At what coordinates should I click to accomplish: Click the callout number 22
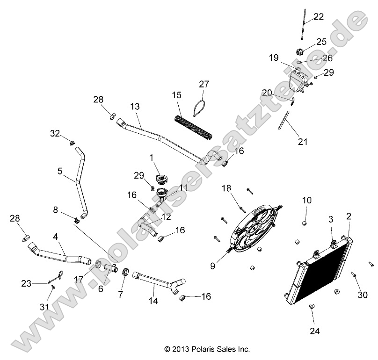point(319,17)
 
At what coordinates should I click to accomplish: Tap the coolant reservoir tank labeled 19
point(297,82)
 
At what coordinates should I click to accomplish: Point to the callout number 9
point(212,267)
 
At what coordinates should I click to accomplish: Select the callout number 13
point(135,107)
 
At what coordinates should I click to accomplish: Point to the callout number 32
point(55,134)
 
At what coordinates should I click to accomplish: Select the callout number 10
point(306,201)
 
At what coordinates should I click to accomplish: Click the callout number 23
point(26,283)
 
